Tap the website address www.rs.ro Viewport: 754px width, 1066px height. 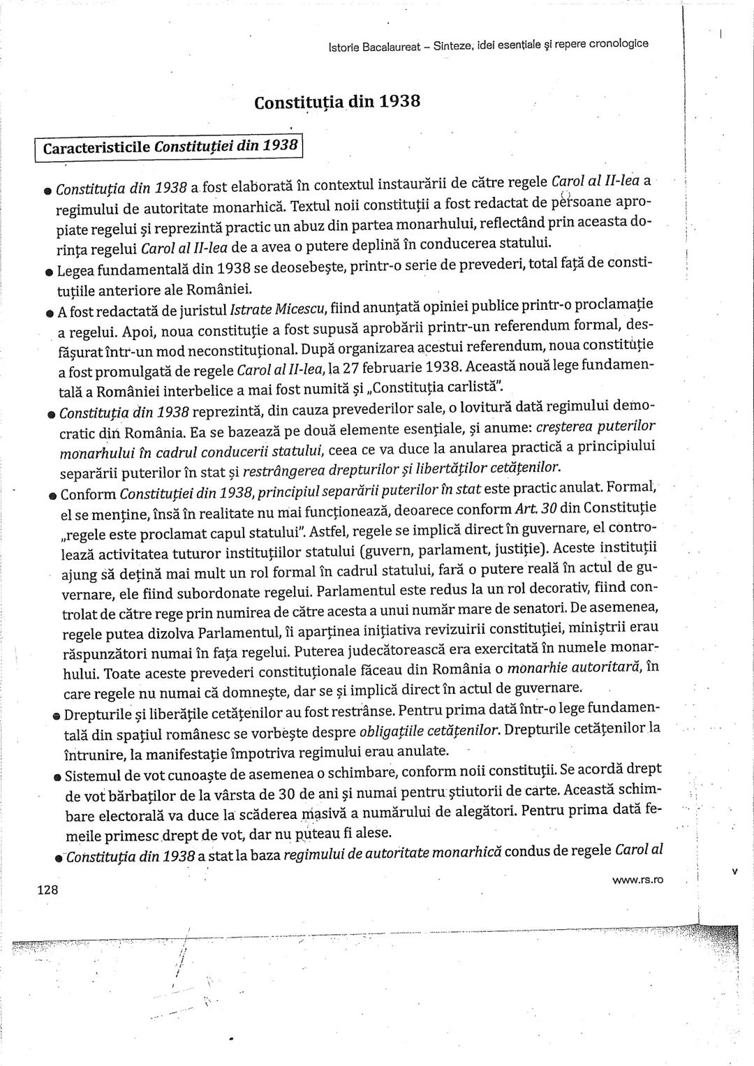(637, 880)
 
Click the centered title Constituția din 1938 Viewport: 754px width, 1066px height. (337, 102)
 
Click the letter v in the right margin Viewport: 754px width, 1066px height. (734, 871)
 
